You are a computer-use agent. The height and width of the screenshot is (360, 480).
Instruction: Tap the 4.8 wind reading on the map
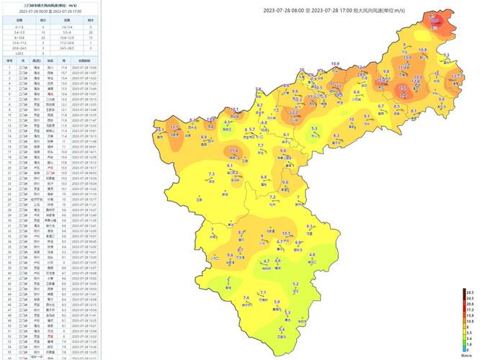click(x=312, y=255)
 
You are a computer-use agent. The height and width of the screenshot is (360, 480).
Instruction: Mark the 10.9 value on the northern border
click(x=335, y=63)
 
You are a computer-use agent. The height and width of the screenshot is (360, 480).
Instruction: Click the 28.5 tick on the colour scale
click(x=469, y=292)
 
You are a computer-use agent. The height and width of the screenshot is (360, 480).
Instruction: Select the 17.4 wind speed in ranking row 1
click(x=63, y=67)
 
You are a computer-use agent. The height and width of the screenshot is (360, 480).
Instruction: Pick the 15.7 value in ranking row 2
click(x=63, y=73)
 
